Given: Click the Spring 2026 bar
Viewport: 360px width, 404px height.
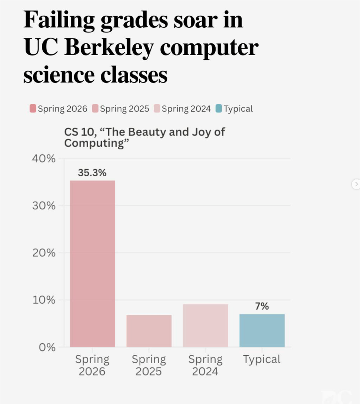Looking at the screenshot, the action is [92, 263].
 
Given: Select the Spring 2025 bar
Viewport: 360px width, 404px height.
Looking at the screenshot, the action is [149, 331].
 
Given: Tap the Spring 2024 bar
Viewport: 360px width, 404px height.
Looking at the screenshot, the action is [206, 326].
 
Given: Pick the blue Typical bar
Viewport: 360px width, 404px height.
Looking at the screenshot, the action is [262, 330].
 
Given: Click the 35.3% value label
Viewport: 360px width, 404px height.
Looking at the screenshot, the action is [92, 173].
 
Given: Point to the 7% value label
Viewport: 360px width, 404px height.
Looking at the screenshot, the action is [262, 306].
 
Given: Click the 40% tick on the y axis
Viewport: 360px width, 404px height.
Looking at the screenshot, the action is [44, 158].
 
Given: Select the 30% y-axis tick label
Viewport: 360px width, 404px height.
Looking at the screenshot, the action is [44, 206].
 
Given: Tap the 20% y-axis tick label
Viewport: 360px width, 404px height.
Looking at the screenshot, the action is [44, 253].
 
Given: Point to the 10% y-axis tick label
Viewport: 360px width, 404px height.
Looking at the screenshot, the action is [44, 300].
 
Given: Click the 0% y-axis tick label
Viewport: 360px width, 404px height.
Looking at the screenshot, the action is [47, 347].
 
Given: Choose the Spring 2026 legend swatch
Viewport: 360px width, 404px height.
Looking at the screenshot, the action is [33, 108].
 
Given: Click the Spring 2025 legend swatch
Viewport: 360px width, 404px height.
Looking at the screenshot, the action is [95, 108].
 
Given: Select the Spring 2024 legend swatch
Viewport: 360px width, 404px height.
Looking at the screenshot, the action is [157, 108].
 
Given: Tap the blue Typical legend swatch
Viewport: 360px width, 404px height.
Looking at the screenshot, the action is [219, 108].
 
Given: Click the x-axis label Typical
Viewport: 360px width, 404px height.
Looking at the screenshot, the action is [262, 360].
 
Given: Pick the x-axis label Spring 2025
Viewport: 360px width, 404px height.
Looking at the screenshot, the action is [149, 366].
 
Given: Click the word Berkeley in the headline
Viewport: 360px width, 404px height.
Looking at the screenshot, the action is [109, 48].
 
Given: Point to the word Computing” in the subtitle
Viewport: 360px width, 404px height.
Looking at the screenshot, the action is [96, 144].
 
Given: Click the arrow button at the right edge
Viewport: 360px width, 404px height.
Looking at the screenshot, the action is [356, 184].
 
